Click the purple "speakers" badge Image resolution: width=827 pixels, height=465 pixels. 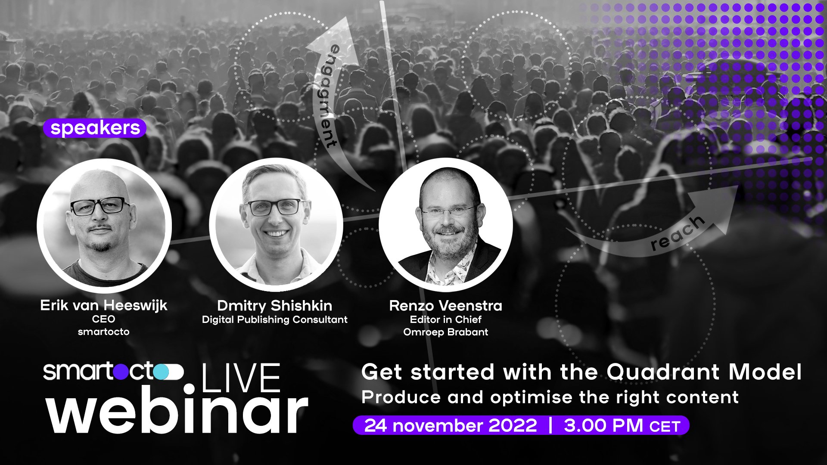pyautogui.click(x=95, y=128)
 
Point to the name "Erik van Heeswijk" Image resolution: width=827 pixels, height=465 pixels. pyautogui.click(x=103, y=305)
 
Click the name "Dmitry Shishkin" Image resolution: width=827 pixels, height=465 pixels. pyautogui.click(x=274, y=306)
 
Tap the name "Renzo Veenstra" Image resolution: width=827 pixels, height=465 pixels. pyautogui.click(x=445, y=306)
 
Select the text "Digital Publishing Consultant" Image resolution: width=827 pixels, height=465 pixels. pyautogui.click(x=274, y=319)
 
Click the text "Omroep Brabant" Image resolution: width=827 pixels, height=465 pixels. pyautogui.click(x=445, y=332)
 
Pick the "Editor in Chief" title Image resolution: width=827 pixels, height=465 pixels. pyautogui.click(x=445, y=319)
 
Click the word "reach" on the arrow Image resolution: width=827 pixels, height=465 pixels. pyautogui.click(x=677, y=232)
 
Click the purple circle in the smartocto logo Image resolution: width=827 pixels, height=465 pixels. pyautogui.click(x=121, y=372)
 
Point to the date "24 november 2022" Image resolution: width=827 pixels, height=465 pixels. pyautogui.click(x=451, y=425)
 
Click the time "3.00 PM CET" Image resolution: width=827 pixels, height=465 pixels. pyautogui.click(x=622, y=425)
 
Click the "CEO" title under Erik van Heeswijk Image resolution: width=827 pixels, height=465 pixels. pyautogui.click(x=103, y=319)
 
